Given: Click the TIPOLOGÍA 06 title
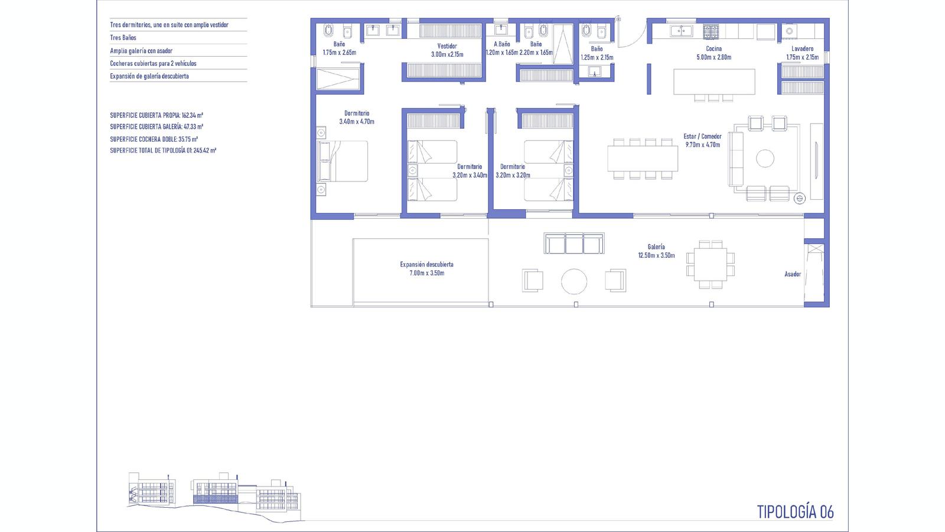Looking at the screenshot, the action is (795, 512).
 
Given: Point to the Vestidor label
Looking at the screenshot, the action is (447, 46).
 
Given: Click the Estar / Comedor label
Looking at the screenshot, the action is (702, 137).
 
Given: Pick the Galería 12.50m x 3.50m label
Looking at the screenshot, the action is (656, 251).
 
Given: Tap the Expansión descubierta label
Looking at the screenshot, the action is (427, 264).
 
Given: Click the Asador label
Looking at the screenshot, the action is (793, 274).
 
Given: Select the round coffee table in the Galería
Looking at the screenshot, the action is (573, 281).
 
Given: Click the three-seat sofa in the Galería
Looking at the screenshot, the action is (573, 243).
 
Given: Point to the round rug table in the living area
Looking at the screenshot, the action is (765, 159).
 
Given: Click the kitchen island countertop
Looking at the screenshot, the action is (714, 82).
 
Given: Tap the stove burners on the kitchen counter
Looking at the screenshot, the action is (711, 32).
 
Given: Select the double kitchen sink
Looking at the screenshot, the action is (682, 31).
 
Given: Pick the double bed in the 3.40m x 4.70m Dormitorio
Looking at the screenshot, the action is (343, 161).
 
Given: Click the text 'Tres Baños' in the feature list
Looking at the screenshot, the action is (123, 38).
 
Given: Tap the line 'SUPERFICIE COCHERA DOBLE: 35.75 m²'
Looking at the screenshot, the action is (154, 139).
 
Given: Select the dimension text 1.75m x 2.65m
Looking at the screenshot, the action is (340, 53).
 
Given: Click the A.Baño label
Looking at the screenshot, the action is (502, 44).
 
